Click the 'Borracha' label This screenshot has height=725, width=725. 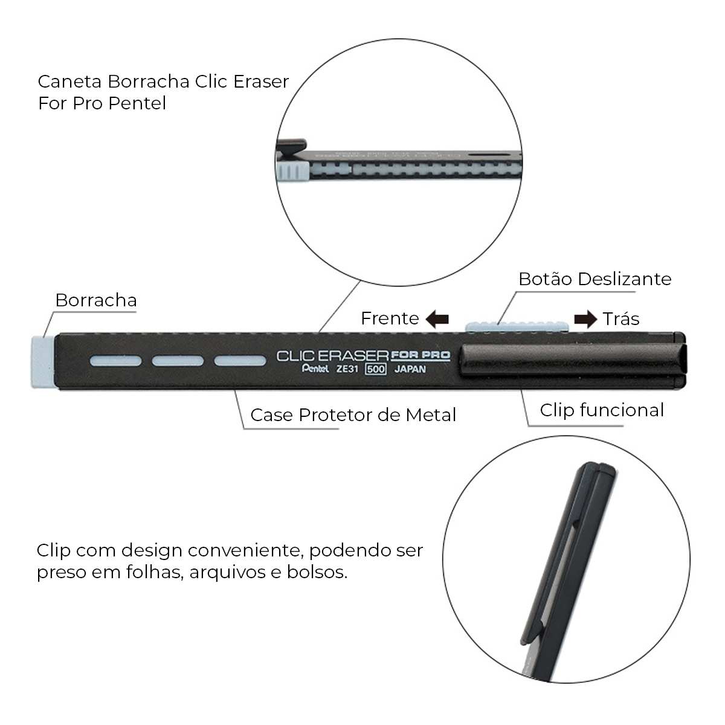coord(96,300)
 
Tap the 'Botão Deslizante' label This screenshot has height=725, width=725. coord(595,279)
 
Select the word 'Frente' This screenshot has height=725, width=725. coord(390,318)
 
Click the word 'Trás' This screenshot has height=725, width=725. coord(621,318)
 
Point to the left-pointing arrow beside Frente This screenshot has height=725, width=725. coord(437,319)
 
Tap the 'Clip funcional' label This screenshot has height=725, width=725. coord(602,410)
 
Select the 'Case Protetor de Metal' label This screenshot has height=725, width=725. coord(353,415)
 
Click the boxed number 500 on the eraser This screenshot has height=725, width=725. coord(375,369)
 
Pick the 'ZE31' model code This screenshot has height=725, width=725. coord(347,369)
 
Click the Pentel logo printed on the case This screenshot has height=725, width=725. coord(315,369)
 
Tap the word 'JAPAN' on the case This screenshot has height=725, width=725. coord(410,369)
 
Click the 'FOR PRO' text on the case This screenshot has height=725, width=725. coord(420,355)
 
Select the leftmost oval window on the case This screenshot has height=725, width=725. coord(115,361)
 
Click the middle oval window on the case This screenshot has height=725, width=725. coord(178,361)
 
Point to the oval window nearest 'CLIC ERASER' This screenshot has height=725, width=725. coord(240,361)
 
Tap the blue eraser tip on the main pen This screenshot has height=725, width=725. coord(42,362)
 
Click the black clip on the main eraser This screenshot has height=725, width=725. coord(573,359)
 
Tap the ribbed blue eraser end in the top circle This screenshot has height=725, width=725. coord(292,171)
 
